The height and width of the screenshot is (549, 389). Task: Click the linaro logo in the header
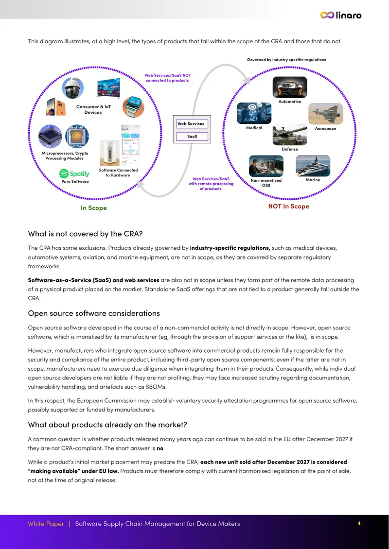(341, 15)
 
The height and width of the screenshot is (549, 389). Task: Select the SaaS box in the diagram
(192, 137)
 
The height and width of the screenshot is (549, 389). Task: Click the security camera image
(73, 88)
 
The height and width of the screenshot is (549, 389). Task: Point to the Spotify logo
(74, 173)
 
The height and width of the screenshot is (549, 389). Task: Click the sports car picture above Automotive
(290, 87)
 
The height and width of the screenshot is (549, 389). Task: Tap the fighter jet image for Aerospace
(326, 114)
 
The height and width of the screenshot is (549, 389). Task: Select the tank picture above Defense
(290, 135)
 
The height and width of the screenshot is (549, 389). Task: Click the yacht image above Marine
(313, 166)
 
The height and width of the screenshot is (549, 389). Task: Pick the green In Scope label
(93, 208)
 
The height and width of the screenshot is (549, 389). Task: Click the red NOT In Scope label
(289, 206)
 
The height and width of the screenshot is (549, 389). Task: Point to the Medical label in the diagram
(254, 128)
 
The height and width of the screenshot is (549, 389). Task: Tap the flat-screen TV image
(108, 88)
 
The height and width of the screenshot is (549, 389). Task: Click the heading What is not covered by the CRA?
(85, 234)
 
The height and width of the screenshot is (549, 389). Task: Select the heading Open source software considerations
(94, 313)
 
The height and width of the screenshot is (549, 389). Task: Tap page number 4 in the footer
(359, 523)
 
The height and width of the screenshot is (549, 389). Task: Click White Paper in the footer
(46, 524)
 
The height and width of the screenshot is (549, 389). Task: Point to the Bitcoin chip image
(77, 136)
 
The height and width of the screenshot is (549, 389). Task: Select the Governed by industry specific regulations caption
(286, 60)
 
